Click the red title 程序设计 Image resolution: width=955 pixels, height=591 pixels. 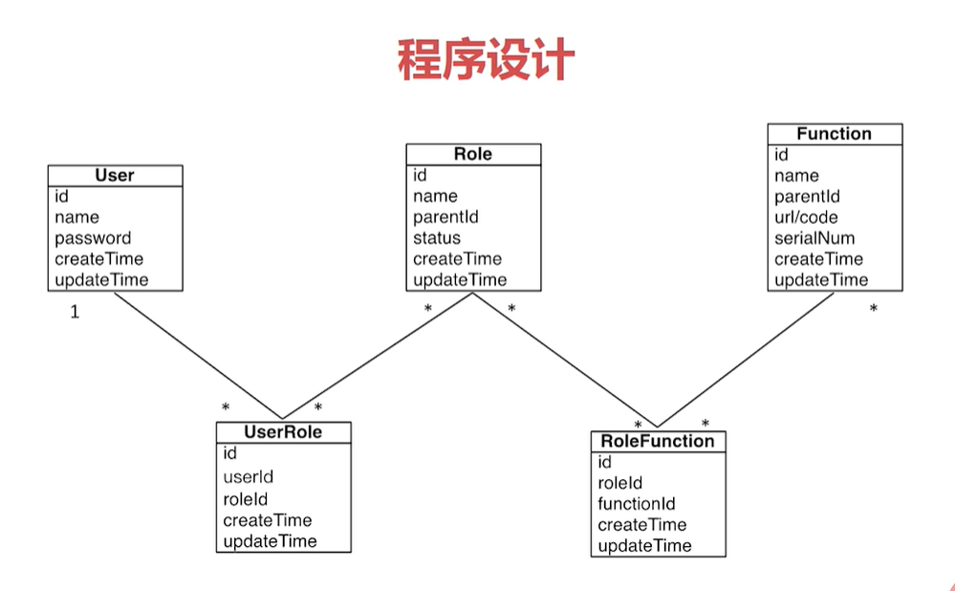coord(486,60)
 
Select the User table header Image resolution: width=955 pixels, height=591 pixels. coord(115,175)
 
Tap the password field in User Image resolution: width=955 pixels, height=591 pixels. coord(93,238)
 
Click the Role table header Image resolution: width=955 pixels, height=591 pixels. coord(473,154)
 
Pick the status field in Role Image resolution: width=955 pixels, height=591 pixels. coord(436,238)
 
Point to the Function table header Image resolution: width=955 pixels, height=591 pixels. coord(834,134)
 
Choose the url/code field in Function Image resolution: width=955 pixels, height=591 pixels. coord(806,217)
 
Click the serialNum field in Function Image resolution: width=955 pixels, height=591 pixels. coord(814,238)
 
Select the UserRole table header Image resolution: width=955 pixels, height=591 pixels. coord(283,432)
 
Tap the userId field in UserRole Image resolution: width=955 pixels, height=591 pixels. coord(249,476)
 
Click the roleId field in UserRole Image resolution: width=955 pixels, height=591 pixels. coord(245,499)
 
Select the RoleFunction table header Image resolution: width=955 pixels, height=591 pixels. coord(657,441)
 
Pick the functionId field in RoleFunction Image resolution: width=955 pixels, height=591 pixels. coord(637,504)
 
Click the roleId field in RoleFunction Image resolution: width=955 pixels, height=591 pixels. coord(619,483)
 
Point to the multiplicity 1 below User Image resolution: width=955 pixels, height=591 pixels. coord(75,312)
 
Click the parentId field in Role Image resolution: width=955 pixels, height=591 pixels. coord(445,217)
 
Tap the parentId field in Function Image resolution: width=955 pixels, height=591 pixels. coord(807,196)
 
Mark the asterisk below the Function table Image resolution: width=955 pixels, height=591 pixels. coord(873,310)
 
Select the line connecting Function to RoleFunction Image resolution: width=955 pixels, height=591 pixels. coord(746,360)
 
